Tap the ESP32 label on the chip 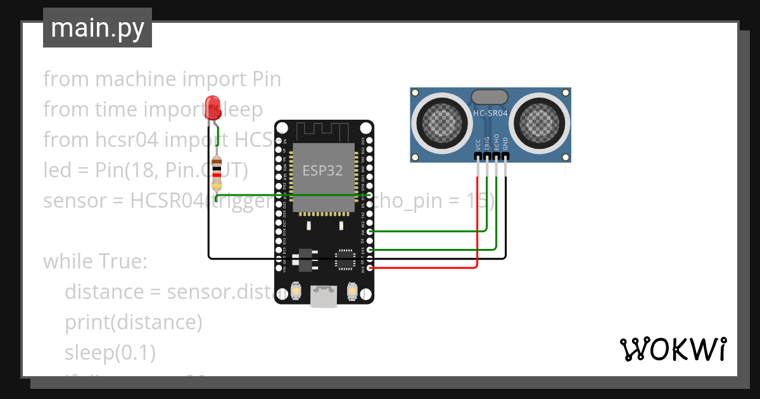(323, 170)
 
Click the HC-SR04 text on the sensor (490, 113)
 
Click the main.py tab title (97, 28)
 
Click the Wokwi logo (672, 349)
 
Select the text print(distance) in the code (133, 322)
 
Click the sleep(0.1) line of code (110, 352)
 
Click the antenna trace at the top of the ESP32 (324, 131)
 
